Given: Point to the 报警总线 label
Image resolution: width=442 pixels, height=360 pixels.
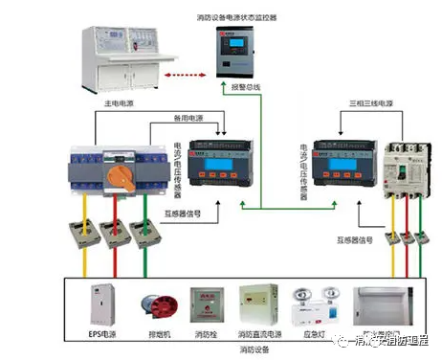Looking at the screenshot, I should (247, 89).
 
